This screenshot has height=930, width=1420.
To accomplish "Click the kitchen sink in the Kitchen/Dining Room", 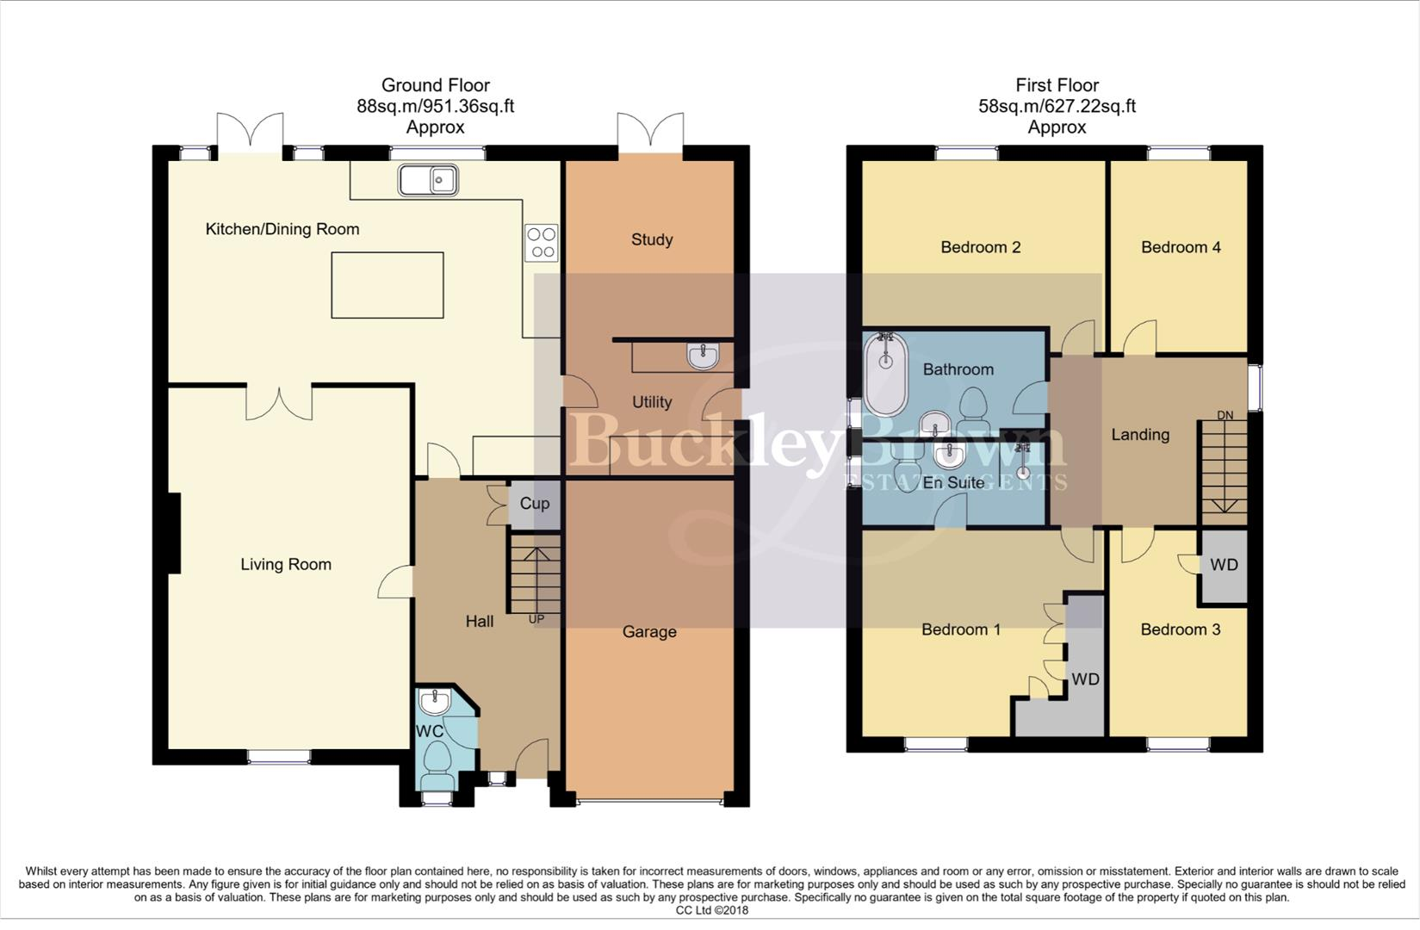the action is [428, 180].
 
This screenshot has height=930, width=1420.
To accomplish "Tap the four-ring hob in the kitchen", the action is [542, 243].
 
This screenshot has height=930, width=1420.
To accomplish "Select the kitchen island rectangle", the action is [388, 285].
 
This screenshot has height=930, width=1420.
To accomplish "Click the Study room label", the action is [652, 239].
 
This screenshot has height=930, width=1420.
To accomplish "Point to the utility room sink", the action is [703, 356].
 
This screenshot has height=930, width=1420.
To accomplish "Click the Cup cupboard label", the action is [535, 504].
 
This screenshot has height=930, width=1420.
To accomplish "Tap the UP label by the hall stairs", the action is [536, 619].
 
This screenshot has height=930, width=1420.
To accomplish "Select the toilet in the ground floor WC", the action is [437, 758].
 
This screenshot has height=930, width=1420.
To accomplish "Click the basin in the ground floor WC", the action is [435, 701].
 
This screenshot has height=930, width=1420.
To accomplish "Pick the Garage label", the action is [649, 631].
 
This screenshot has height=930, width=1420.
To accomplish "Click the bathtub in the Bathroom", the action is [885, 374].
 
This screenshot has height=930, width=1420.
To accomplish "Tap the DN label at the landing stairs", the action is [1225, 415].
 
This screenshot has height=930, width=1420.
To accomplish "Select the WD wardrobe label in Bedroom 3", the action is [1224, 565].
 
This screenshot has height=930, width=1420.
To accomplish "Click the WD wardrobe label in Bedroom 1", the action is [1085, 679].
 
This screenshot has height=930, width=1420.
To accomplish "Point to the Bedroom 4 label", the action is [1181, 247].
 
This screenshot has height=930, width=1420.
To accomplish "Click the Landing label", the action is [1140, 435].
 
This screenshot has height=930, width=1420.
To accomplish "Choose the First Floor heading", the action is [1057, 85].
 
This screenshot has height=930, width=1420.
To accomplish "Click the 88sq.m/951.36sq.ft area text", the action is [436, 106].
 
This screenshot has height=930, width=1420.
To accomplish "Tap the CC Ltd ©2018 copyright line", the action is [712, 910].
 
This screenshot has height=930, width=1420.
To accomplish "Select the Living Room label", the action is [286, 564].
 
